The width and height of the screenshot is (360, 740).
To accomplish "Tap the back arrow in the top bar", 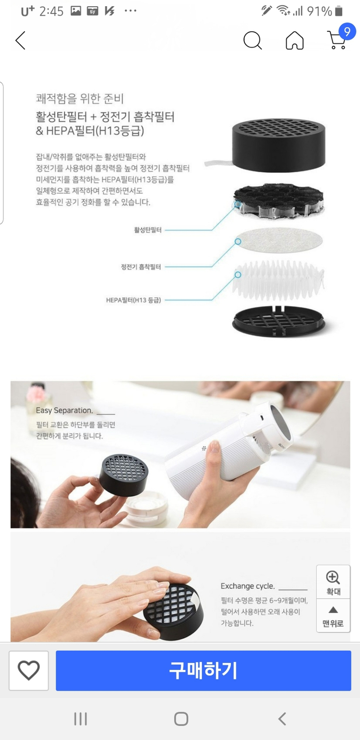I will pos(20,41).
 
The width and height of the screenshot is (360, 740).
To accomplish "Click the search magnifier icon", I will pos(252,40).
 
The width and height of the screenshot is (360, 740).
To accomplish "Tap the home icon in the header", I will pos(294,40).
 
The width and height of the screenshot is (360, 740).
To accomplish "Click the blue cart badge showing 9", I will pos(347,32).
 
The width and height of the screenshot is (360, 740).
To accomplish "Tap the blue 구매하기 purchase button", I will pos(203,670).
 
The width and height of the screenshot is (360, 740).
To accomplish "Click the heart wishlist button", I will pos(29,670).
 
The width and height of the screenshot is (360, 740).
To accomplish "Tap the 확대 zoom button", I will pos(333,582).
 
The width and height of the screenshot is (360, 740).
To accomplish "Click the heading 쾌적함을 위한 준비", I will pos(80,99).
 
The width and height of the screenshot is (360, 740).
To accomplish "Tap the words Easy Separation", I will pos(64,410).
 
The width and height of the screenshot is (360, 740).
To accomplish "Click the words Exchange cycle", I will pos(248,586).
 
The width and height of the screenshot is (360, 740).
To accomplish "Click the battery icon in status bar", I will pos(339,11).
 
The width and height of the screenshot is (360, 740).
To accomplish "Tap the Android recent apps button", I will pos(80,718).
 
